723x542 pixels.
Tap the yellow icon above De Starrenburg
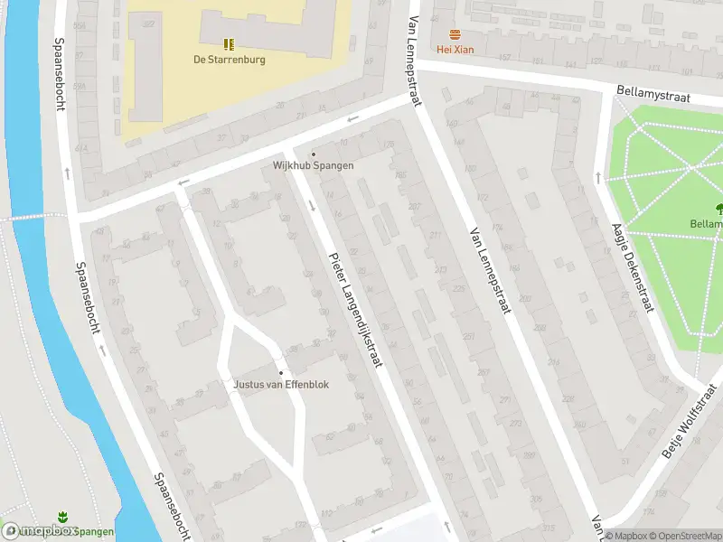(x=229, y=43)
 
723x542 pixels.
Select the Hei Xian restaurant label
(x=455, y=49)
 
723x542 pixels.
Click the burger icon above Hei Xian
(x=455, y=34)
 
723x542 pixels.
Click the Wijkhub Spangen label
(x=313, y=165)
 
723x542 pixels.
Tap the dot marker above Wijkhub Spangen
(x=314, y=154)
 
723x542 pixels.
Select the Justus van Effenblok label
(x=281, y=384)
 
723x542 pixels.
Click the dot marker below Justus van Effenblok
(x=281, y=372)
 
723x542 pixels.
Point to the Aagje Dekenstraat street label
(x=632, y=267)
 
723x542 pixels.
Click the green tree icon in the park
(x=718, y=208)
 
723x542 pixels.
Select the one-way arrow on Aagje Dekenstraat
(x=597, y=177)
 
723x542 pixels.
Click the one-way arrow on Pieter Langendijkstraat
(x=312, y=206)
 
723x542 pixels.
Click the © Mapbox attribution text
(x=626, y=536)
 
